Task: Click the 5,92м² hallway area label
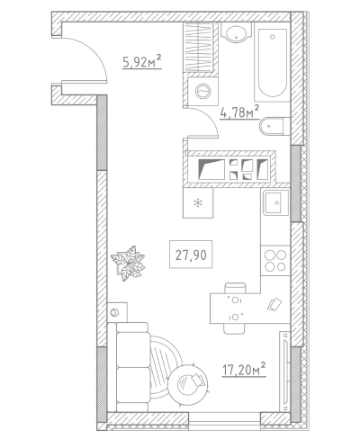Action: click(x=142, y=61)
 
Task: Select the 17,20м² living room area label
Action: click(x=244, y=370)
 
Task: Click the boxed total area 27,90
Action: click(x=191, y=255)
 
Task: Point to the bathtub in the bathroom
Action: click(x=272, y=62)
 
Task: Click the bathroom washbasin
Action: click(x=237, y=32)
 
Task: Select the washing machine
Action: click(x=202, y=91)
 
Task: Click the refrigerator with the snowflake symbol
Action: click(x=198, y=203)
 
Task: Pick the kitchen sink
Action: click(x=275, y=203)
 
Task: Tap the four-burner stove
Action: click(x=275, y=261)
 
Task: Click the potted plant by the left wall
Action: click(x=128, y=263)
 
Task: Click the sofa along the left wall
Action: click(x=128, y=367)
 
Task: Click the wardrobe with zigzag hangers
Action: click(x=200, y=48)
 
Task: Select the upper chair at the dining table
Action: click(x=236, y=288)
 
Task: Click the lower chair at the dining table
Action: click(x=234, y=329)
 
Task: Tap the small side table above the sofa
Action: click(x=117, y=312)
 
